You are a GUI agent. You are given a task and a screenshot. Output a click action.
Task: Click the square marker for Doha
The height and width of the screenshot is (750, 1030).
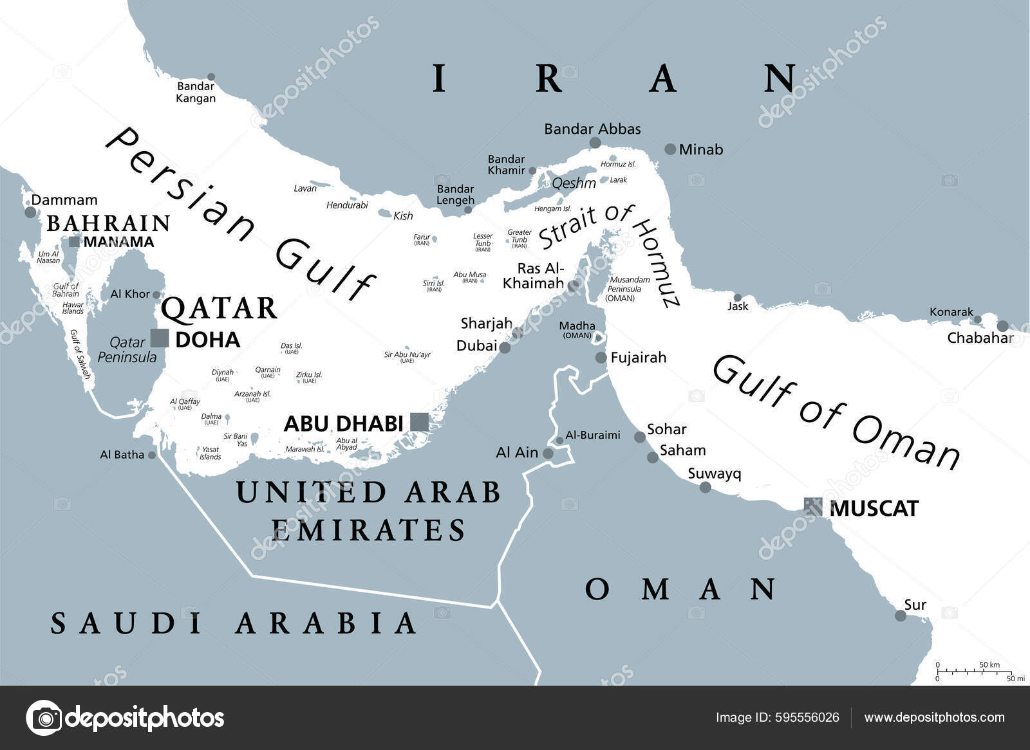(x=160, y=338)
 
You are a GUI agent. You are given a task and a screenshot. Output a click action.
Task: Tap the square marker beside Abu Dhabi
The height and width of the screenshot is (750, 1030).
(x=419, y=423)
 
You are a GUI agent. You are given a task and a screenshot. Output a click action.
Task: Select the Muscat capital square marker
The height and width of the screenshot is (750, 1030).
(x=813, y=507)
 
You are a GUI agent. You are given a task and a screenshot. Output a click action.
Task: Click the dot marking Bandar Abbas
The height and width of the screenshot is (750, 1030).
(x=595, y=143)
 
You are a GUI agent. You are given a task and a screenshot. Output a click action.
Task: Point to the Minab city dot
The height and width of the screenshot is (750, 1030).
(x=670, y=149)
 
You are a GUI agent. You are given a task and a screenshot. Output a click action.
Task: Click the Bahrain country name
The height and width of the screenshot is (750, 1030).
(x=108, y=223)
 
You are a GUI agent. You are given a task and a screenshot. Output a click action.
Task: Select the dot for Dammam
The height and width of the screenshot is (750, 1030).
(x=30, y=212)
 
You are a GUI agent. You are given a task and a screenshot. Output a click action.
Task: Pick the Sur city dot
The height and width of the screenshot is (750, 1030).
(x=901, y=616)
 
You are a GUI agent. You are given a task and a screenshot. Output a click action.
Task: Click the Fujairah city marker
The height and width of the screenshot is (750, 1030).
(x=601, y=358)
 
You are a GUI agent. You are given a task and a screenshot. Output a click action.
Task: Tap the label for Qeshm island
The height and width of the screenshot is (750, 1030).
(x=574, y=183)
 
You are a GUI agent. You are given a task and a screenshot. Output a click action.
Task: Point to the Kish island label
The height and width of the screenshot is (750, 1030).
(x=403, y=215)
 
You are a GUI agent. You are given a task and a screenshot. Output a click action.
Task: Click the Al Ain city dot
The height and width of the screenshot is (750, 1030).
(x=548, y=453)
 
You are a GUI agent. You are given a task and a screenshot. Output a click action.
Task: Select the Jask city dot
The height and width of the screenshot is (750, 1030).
(x=738, y=297)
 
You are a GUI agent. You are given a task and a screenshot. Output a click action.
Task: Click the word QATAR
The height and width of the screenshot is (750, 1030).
(x=219, y=309)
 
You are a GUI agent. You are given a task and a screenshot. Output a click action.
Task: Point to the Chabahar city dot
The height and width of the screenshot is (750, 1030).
(x=1002, y=326)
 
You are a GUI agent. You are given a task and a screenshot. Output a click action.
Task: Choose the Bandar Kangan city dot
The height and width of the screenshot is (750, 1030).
(x=211, y=77)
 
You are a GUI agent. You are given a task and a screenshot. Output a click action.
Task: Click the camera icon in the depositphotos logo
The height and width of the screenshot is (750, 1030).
(x=44, y=717)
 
